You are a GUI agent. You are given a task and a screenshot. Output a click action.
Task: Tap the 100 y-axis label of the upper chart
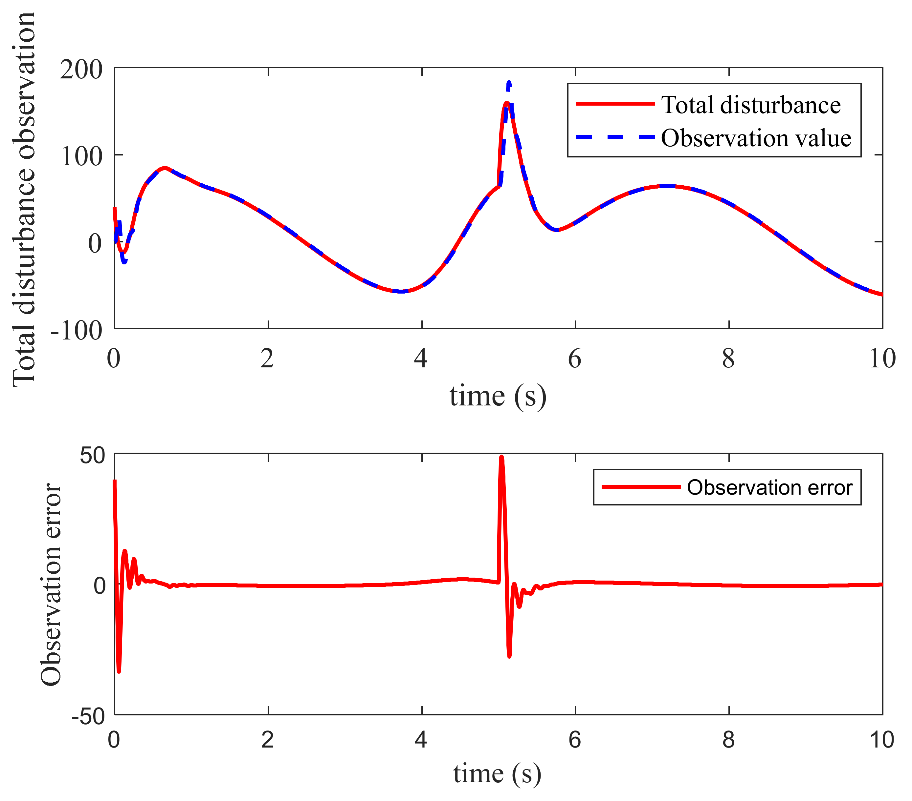tap(81, 156)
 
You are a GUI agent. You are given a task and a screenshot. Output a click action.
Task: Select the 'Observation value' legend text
tap(756, 138)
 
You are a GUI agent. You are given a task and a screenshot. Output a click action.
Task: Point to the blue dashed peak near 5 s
tap(509, 82)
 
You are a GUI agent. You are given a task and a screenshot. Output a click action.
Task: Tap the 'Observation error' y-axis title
tap(51, 585)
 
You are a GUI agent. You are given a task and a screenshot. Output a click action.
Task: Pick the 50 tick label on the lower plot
tap(92, 456)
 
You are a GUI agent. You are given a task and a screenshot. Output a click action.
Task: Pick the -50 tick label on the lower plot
tap(88, 717)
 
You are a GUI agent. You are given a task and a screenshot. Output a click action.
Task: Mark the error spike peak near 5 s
tap(501, 457)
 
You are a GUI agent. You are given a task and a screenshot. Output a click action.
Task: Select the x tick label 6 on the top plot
tap(575, 359)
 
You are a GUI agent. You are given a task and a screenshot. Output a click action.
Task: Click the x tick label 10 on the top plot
tap(882, 359)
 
